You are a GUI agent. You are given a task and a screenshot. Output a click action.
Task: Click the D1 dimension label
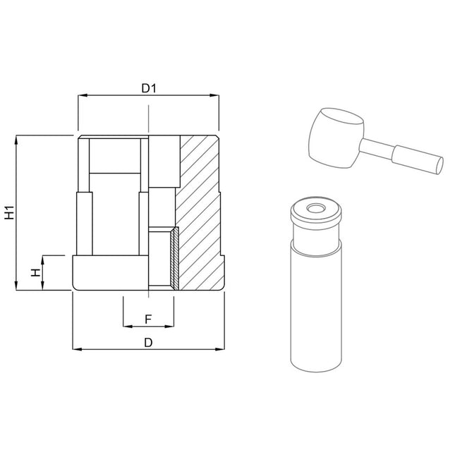tap(149, 88)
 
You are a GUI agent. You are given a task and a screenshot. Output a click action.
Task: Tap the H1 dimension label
tap(10, 212)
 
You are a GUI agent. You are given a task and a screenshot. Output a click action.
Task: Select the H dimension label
tap(35, 272)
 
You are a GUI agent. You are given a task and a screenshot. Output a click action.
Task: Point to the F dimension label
tap(148, 319)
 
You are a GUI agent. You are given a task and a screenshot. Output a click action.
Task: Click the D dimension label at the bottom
tap(148, 343)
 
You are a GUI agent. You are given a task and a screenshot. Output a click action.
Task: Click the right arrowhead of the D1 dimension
tap(214, 95)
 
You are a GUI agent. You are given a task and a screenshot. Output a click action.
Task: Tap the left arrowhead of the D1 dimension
tap(83, 95)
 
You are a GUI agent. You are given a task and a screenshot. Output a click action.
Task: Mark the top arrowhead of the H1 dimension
tap(16, 140)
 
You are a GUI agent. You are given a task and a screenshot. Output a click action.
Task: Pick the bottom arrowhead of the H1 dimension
tap(16, 286)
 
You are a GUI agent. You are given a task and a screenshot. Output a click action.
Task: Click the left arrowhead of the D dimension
tap(77, 349)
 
